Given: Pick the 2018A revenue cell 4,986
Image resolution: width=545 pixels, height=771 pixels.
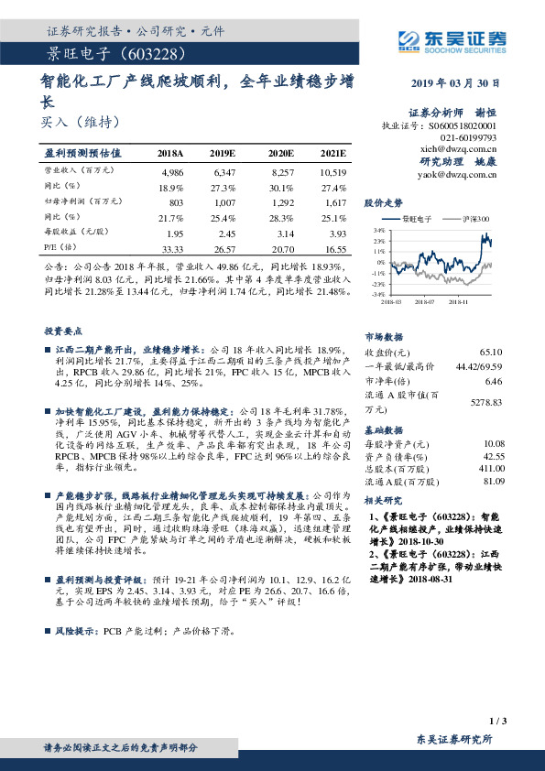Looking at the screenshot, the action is click(171, 172).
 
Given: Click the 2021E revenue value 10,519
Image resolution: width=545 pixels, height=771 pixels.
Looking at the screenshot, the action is click(334, 172).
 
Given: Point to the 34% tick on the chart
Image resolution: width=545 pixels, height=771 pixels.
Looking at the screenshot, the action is click(377, 232).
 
